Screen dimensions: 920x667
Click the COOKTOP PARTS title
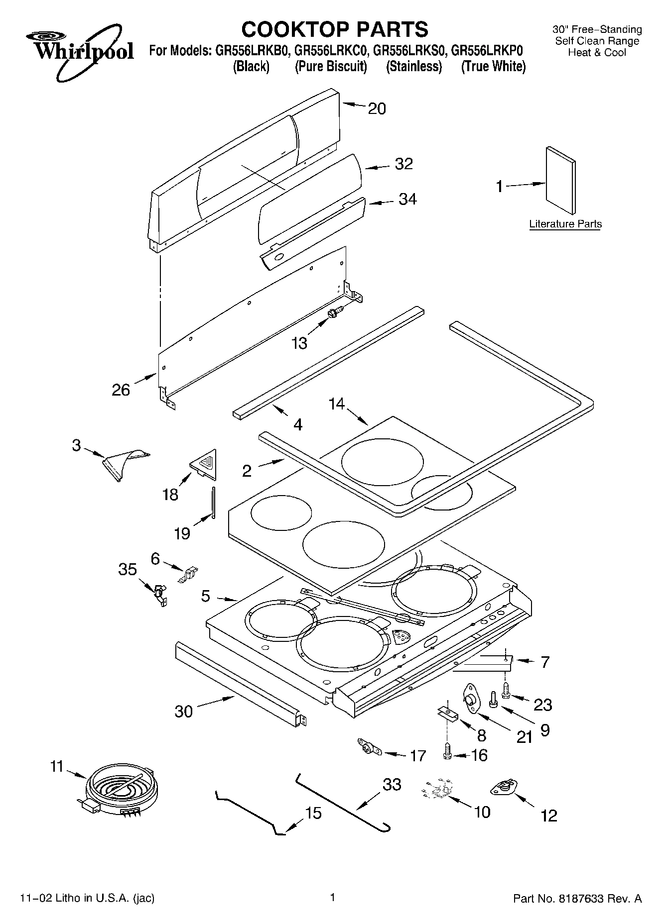(x=334, y=29)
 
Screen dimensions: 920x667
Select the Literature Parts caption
(x=565, y=224)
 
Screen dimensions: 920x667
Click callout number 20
(x=377, y=108)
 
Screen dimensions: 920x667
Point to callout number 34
(x=407, y=200)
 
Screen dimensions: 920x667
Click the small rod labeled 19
(x=213, y=503)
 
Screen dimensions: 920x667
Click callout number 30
(x=183, y=711)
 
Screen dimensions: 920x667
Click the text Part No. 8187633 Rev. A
(x=577, y=899)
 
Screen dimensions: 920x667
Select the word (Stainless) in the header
(x=413, y=67)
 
